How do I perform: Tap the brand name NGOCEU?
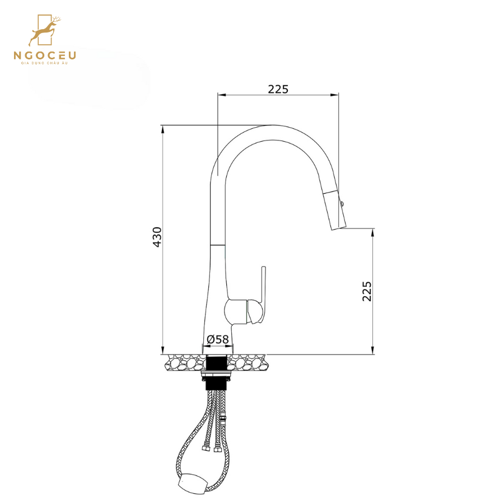pos(45,55)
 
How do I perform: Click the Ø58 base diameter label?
pos(218,339)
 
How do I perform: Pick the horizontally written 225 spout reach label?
pos(278,89)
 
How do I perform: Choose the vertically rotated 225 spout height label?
pos(367,291)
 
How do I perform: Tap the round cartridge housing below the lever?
pos(247,312)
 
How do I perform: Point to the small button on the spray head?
pos(343,205)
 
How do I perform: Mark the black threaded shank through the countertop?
pos(215,372)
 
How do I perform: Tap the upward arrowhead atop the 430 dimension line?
pos(162,128)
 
